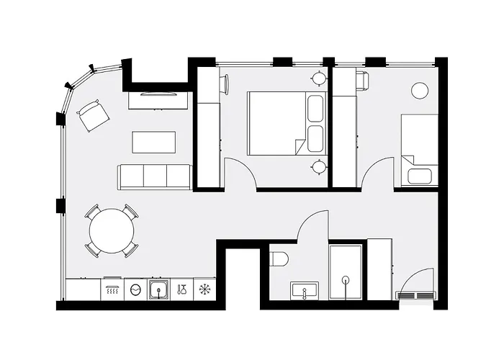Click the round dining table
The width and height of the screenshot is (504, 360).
[x=112, y=231]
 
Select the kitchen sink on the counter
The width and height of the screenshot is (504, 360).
[x=159, y=289]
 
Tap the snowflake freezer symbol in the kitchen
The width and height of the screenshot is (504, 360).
[x=205, y=289]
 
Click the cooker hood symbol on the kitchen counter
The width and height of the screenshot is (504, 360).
[x=112, y=289]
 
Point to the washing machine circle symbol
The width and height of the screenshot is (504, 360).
[x=135, y=289]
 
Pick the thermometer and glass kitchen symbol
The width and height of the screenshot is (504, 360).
[x=182, y=289]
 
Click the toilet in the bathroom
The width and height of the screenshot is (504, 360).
[x=279, y=258]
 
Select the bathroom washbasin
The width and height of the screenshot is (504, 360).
[x=305, y=291]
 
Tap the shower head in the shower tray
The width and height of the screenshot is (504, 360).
[x=346, y=280]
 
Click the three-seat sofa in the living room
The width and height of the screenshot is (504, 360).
[x=154, y=176]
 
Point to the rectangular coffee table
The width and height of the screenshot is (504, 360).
[x=154, y=142]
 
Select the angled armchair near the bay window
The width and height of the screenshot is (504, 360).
[x=93, y=116]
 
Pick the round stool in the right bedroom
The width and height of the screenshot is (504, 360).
[x=420, y=91]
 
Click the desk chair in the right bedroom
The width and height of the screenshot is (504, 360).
[x=361, y=80]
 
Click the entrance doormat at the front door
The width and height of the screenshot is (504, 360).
[x=416, y=295]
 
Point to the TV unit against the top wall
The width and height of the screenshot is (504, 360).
[x=159, y=99]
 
